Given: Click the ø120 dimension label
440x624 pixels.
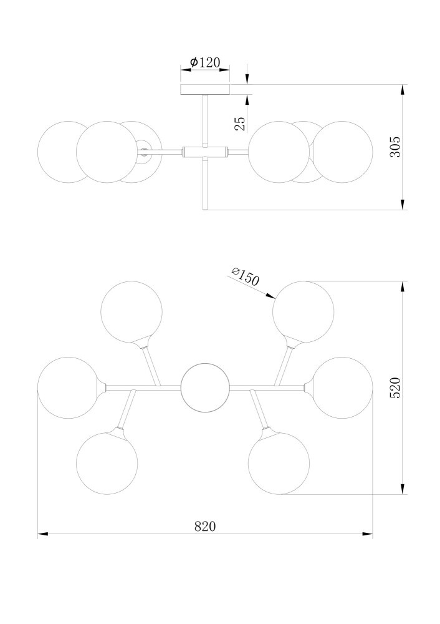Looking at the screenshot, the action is [204, 62].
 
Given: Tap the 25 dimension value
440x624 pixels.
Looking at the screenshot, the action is [240, 124].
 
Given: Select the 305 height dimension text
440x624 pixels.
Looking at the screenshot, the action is [395, 147].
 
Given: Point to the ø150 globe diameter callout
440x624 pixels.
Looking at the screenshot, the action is [245, 276].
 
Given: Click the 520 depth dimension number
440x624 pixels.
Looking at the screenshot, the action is [395, 388].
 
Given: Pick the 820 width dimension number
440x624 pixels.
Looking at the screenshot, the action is [205, 526].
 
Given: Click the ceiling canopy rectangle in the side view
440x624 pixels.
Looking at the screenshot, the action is [205, 89].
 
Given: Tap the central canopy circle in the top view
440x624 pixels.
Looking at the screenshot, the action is [205, 388].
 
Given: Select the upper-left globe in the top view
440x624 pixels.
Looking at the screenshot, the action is [132, 312].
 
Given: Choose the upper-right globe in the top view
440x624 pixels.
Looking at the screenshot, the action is [304, 312].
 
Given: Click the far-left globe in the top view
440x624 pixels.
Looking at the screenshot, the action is [69, 388].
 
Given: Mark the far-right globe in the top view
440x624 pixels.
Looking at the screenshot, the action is [342, 388].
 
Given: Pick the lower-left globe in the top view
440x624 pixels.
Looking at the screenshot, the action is [107, 463].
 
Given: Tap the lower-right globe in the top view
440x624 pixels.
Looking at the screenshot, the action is [279, 463].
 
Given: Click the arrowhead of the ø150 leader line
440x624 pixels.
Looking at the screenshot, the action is [271, 296].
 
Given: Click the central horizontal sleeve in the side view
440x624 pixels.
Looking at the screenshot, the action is [205, 151].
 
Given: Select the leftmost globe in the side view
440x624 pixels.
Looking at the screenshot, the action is [68, 152].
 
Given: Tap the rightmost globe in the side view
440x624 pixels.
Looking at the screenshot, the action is [343, 152].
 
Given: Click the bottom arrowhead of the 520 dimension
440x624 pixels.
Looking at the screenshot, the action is [403, 489].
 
